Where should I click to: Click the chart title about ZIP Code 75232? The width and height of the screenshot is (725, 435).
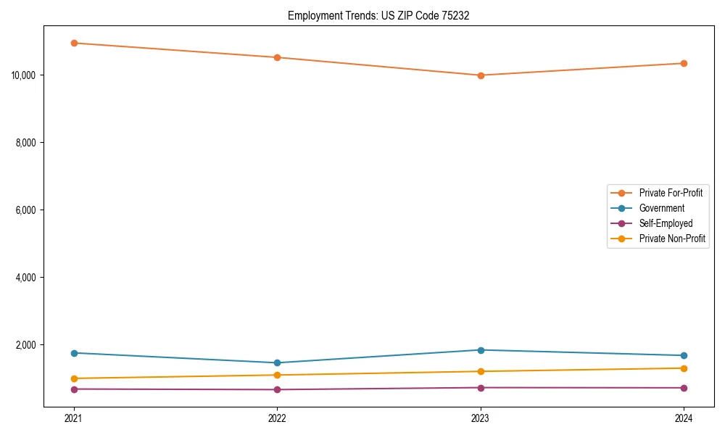(378, 15)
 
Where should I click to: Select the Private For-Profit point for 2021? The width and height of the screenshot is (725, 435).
(74, 43)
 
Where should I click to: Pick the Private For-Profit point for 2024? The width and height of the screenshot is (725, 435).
(684, 63)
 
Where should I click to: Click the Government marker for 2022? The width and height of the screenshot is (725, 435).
(277, 363)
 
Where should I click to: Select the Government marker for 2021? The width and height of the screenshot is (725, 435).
(74, 353)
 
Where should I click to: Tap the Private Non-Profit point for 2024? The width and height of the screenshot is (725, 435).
(684, 368)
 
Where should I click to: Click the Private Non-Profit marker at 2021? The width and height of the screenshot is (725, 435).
(74, 378)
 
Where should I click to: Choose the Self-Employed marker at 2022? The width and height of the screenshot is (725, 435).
(277, 390)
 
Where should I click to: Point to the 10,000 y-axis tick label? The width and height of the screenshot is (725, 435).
(25, 75)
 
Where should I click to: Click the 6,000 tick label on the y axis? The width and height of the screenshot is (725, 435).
(28, 210)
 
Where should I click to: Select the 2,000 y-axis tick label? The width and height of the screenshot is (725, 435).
(28, 345)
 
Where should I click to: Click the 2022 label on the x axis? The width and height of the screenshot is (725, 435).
(277, 418)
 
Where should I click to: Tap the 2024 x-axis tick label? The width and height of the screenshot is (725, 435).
(684, 418)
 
